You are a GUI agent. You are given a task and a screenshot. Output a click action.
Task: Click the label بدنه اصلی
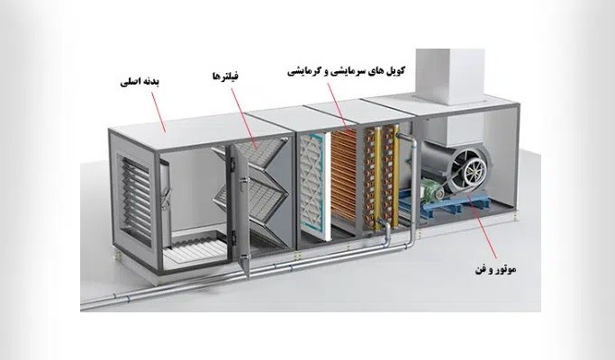pos(140,83)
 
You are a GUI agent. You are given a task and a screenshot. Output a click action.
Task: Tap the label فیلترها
pos(225,76)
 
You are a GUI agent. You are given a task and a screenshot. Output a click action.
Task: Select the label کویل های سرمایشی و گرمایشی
pos(347,71)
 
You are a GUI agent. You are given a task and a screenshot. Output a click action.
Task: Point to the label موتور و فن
pos(496,269)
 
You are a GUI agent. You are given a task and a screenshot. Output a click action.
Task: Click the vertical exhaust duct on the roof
pos(450,76)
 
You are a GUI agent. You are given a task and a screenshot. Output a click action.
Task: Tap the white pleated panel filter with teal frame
pos(313,185)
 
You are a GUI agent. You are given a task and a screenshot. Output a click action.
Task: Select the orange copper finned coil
pos(344,179)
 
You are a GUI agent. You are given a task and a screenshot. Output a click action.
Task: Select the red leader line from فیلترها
pos(245,119)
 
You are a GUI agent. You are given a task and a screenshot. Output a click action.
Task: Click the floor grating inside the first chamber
pos(194,247)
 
